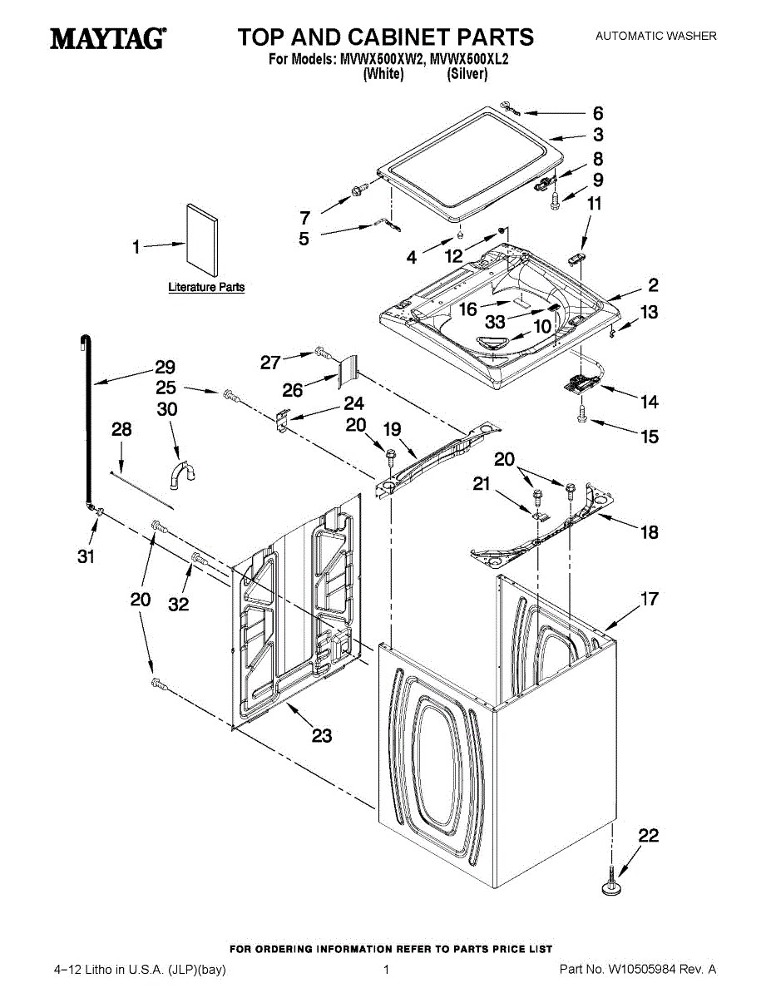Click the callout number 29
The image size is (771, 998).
164,367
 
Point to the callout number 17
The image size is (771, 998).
649,598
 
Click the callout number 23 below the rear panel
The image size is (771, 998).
321,735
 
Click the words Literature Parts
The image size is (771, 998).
206,288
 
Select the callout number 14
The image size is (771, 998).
649,403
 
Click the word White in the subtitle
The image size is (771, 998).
383,74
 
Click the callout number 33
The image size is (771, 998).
496,323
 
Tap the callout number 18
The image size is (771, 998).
649,532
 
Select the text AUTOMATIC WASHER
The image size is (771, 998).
655,36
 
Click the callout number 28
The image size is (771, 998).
121,429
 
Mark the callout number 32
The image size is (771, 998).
179,605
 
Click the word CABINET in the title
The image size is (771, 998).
424,37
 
